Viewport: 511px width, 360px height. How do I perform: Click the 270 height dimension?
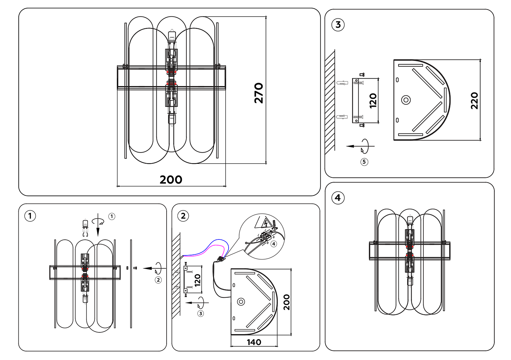259,93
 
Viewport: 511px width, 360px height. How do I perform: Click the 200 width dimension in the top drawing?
171,179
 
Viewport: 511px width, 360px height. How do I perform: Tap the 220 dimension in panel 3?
475,101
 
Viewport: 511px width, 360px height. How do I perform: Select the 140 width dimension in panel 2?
254,342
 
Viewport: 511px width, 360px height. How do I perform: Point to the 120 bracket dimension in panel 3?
373,101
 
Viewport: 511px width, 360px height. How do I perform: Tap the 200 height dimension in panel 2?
287,302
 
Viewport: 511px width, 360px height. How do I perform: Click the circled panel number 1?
30,216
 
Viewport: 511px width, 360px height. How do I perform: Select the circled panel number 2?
183,216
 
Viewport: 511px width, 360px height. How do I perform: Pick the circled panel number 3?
338,25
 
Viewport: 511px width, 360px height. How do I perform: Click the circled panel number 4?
338,198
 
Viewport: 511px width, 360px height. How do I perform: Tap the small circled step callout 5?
364,162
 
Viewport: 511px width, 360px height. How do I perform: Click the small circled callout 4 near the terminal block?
274,244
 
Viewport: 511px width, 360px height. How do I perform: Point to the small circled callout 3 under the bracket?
201,313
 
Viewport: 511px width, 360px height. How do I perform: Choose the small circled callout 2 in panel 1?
158,280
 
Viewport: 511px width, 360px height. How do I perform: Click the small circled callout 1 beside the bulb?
112,216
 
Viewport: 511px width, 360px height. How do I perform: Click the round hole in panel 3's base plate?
406,100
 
